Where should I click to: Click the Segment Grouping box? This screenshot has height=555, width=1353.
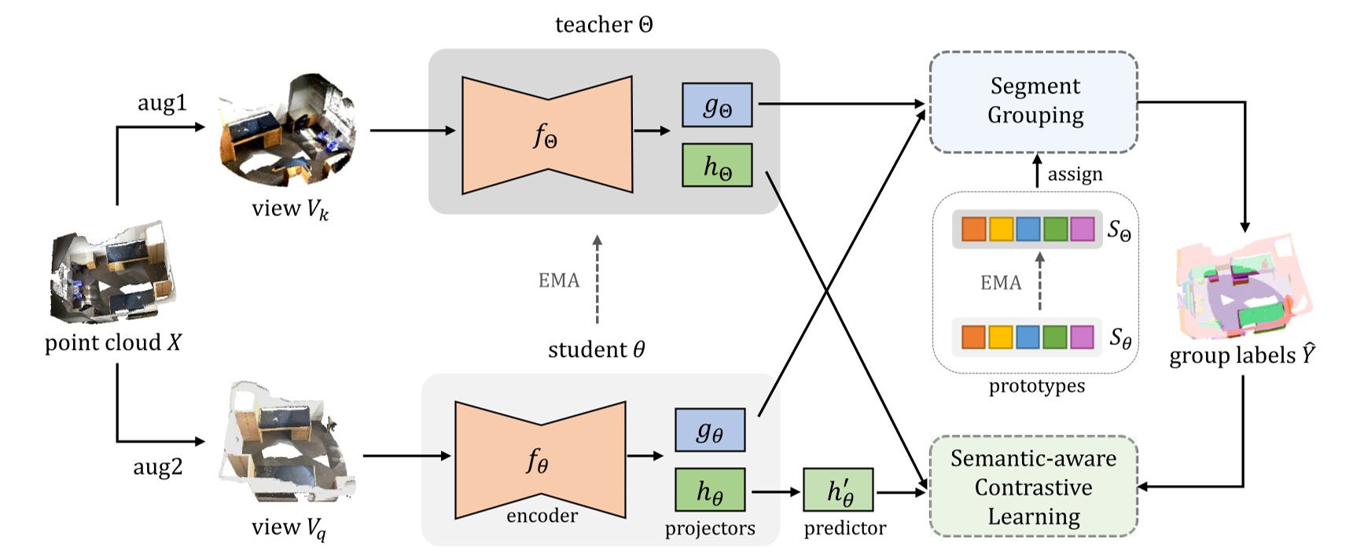click(1033, 101)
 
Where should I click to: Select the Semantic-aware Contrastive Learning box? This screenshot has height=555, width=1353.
click(1033, 487)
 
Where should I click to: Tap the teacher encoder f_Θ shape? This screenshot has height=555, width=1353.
click(547, 135)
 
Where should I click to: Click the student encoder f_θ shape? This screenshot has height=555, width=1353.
click(540, 461)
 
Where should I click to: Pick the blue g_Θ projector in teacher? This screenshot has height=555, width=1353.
click(716, 105)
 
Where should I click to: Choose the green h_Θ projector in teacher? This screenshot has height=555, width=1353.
click(716, 165)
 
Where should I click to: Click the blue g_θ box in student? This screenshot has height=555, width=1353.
click(709, 430)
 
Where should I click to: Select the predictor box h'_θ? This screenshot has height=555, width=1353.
click(838, 491)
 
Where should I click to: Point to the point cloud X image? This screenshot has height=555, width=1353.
click(110, 272)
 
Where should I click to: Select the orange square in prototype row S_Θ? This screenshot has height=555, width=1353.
click(974, 230)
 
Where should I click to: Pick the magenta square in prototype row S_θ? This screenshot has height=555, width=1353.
click(1083, 337)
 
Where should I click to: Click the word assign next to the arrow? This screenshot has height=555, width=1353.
click(1075, 174)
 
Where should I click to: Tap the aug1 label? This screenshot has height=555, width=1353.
click(162, 103)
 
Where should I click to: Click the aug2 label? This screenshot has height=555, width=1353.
click(157, 467)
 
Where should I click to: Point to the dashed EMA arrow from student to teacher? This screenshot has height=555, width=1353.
click(597, 279)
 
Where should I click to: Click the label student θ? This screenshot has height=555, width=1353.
click(596, 349)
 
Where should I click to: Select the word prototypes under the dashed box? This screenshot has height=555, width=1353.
click(1036, 386)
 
